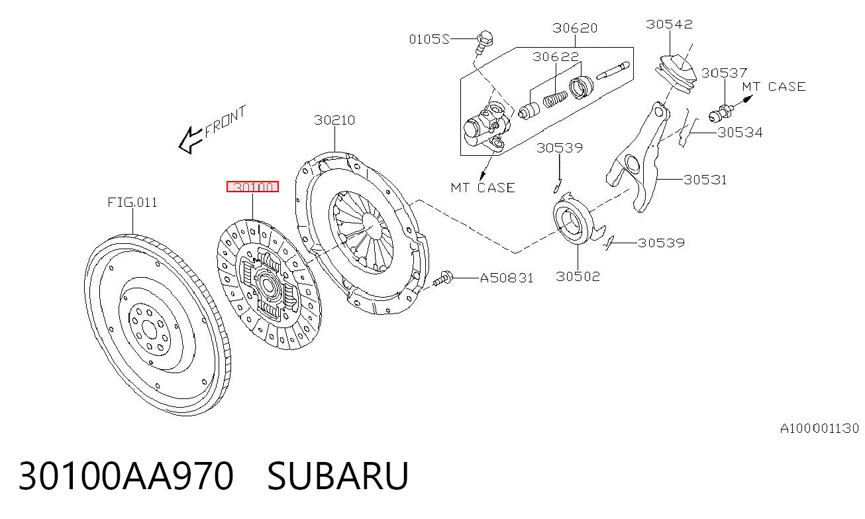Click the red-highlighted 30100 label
[x=252, y=187]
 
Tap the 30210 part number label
[x=334, y=120]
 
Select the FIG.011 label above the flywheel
[x=132, y=203]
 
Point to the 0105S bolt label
[x=429, y=39]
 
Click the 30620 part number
[x=575, y=28]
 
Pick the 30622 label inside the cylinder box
[x=556, y=57]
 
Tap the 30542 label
[x=669, y=25]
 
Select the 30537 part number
[x=724, y=73]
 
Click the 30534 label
[x=740, y=133]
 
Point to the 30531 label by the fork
[x=705, y=180]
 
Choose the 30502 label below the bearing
[x=578, y=276]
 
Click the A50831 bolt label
[x=506, y=278]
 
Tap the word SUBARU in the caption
[x=338, y=475]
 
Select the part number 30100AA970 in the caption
[x=126, y=475]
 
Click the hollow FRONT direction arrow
[x=190, y=140]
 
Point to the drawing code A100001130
[x=819, y=429]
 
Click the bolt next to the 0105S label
[x=483, y=42]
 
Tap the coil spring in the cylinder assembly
[x=555, y=99]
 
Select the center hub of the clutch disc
[x=268, y=285]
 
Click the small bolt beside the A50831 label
[x=442, y=278]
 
